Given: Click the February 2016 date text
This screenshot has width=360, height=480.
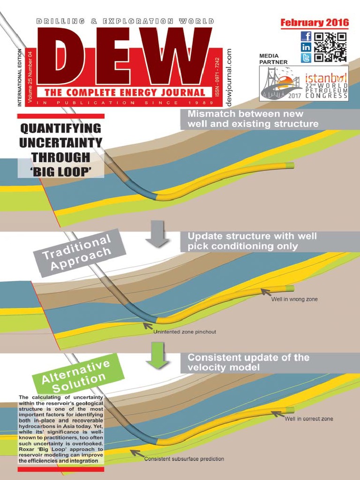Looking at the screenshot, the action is coord(315,22).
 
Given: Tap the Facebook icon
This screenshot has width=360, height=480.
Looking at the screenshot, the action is coord(306,37).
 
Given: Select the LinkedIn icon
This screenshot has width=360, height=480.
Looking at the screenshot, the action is coord(306,47).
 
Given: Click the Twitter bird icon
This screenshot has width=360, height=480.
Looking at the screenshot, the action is coord(306,58).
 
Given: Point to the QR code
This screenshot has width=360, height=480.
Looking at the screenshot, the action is coord(330,47).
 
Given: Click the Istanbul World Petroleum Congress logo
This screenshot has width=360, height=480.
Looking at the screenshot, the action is coord(304,83).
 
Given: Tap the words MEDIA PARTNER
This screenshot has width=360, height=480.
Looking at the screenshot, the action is coord(273,59).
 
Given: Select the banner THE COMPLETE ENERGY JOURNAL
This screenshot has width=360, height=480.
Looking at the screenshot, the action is coord(125,92).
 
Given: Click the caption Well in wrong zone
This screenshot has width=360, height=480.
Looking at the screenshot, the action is coord(294,300).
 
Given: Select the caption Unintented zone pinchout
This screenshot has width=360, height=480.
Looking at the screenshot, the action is coord(185,332).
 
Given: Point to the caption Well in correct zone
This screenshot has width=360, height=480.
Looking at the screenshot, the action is coord(308,419).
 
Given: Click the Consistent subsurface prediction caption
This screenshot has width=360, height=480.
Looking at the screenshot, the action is coord(184,458).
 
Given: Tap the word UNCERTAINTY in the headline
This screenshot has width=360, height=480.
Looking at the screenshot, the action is coord(60,142).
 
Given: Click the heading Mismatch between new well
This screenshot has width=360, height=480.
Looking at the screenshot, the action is coord(246,114).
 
